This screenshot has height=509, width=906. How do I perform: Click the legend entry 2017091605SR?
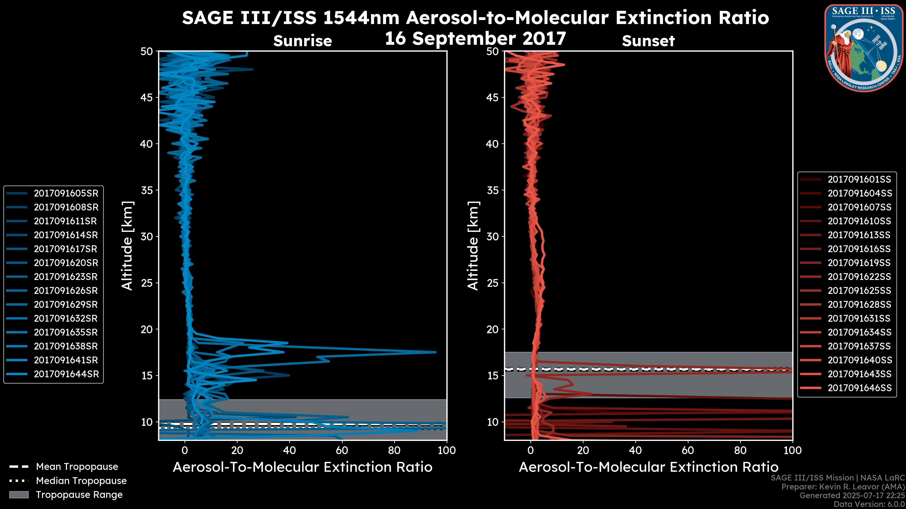tap(66, 193)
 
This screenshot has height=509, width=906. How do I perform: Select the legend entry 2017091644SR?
tap(66, 374)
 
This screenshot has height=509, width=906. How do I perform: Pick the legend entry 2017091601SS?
tap(859, 180)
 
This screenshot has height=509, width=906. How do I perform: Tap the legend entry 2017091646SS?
tap(859, 388)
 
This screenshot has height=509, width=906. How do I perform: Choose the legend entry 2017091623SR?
tap(66, 277)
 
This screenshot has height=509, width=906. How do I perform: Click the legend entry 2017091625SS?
tap(859, 291)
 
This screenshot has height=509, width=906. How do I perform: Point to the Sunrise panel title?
tap(302, 41)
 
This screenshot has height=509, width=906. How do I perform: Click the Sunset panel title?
tap(648, 41)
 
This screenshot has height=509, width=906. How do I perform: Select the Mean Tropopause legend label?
tap(77, 467)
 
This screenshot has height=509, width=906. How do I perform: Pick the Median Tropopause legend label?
tap(81, 481)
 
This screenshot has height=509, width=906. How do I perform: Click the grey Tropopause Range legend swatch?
tap(19, 495)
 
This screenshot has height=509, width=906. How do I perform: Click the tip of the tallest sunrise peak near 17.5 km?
tap(435, 352)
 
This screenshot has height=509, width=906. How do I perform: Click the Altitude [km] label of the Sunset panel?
tap(473, 246)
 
